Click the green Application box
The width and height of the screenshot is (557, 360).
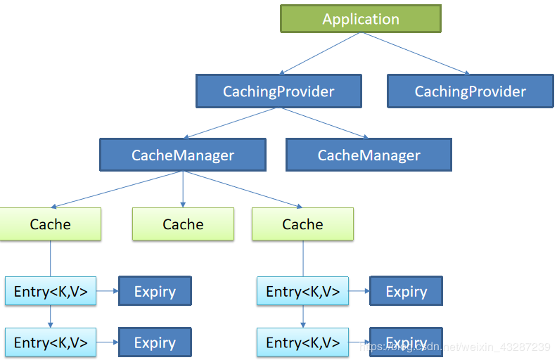pos(361,19)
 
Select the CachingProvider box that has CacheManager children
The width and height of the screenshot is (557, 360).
pos(278,91)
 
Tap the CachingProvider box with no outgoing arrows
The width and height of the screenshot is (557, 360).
pos(470,91)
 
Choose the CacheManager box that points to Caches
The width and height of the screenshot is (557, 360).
pos(183,155)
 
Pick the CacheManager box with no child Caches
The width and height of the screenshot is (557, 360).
pos(369,155)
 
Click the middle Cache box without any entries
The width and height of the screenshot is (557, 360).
pos(183,224)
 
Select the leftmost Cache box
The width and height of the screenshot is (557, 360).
pos(50,224)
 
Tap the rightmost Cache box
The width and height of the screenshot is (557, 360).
pos(302,224)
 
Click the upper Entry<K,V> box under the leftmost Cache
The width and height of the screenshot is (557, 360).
pos(51,291)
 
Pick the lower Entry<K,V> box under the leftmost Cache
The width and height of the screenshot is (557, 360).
pos(51,342)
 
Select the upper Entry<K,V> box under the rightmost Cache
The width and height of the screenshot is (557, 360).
pos(302,291)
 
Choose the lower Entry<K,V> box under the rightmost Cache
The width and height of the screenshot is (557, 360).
pos(302,342)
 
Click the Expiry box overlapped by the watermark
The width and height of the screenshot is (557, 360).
pos(406,342)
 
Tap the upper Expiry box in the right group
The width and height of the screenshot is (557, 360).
pos(406,291)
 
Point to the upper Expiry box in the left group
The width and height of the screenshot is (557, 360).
pos(155,291)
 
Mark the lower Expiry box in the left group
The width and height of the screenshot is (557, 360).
pos(155,342)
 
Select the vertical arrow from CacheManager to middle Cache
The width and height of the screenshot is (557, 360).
pos(183,190)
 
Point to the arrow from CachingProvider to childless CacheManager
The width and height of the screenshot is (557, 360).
pos(324,122)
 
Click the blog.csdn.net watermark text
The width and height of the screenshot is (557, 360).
pos(454,347)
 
